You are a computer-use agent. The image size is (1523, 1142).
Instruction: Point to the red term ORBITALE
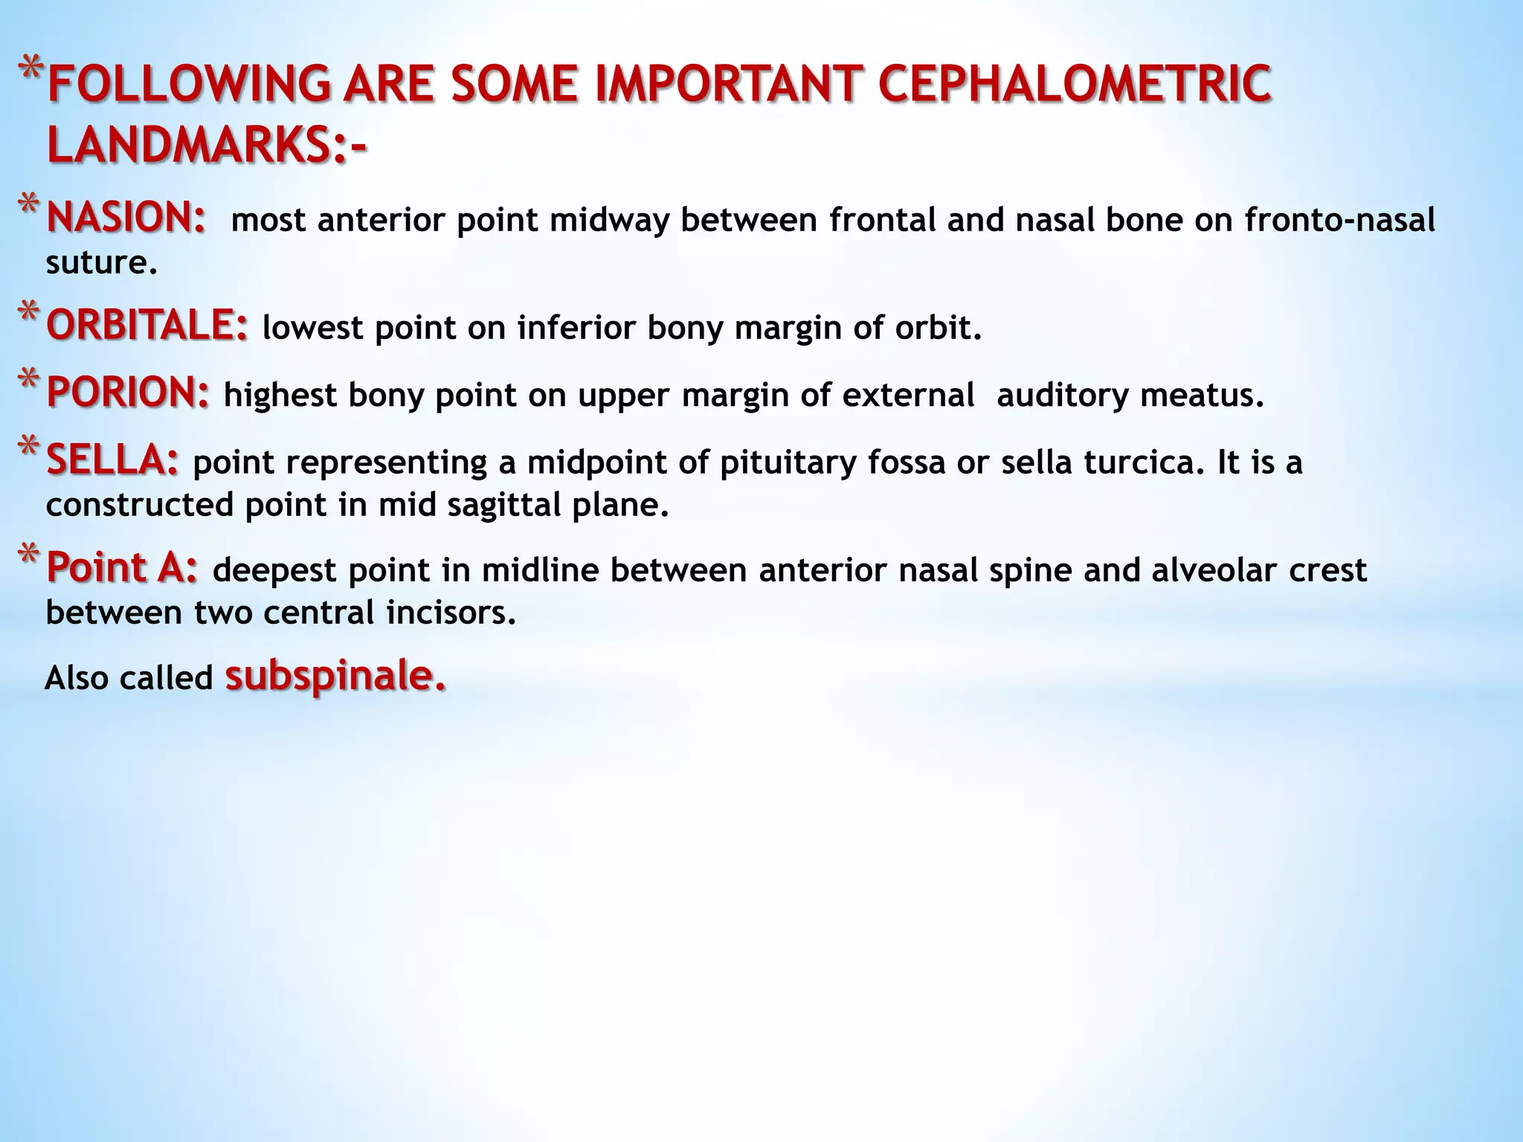click(146, 326)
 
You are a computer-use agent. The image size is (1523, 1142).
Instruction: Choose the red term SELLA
click(112, 460)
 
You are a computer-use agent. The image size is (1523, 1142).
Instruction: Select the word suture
click(102, 262)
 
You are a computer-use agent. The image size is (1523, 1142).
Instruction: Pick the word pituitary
click(788, 462)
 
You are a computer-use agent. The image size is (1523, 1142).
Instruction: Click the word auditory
click(1062, 395)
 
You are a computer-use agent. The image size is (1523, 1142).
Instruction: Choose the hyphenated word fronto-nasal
click(1339, 220)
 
